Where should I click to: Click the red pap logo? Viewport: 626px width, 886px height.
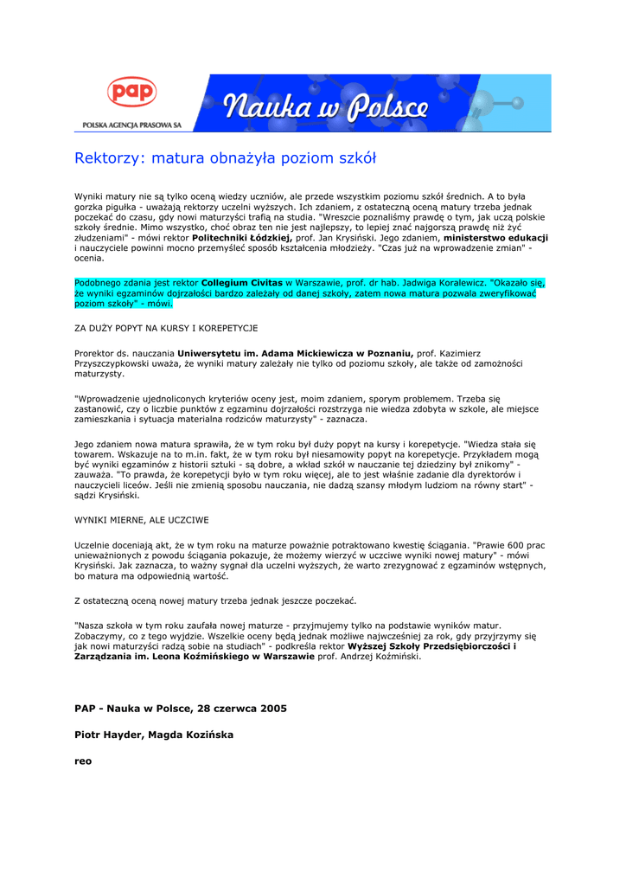pos(131,93)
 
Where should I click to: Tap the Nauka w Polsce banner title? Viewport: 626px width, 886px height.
pos(327,107)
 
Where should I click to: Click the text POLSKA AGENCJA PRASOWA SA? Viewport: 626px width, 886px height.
pos(131,125)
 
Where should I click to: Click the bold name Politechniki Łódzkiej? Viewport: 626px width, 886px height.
pos(242,238)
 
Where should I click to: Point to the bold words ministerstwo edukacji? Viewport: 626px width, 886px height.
pos(495,238)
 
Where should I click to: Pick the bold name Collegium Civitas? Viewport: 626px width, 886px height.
pos(242,283)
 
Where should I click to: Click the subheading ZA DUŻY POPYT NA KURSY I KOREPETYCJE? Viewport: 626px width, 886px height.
pos(166,328)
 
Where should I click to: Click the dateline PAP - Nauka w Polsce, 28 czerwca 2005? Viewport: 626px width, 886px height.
pos(181,708)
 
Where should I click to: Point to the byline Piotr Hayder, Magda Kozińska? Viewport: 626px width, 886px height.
pos(154,735)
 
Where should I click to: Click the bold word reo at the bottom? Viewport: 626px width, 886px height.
pos(83,761)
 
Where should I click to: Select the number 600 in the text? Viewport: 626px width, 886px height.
pos(505,545)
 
